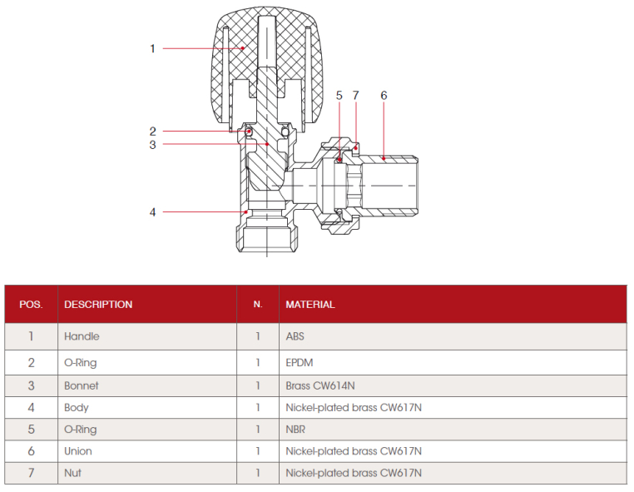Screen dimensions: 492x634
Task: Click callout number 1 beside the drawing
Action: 152,49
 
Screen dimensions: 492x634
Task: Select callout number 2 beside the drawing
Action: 153,131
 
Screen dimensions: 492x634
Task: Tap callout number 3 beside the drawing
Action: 153,145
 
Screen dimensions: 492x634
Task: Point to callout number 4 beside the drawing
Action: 153,212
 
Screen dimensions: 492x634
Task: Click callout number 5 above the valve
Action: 339,96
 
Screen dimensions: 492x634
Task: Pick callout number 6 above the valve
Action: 384,96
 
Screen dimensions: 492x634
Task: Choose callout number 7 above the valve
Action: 355,96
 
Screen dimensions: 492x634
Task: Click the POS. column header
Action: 31,305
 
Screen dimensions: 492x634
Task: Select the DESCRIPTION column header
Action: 98,305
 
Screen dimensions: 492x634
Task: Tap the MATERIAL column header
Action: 310,305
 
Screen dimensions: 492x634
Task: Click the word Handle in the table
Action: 82,336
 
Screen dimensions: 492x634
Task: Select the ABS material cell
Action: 295,336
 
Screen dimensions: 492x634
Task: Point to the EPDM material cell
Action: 300,363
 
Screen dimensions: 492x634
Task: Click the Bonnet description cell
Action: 82,386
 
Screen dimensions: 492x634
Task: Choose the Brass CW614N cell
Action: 321,386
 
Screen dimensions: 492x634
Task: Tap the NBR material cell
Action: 295,430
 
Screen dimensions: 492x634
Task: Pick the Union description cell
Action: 78,451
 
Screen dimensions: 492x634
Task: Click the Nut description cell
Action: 73,473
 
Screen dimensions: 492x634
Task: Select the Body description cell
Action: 77,408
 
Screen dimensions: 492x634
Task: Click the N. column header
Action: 258,305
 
